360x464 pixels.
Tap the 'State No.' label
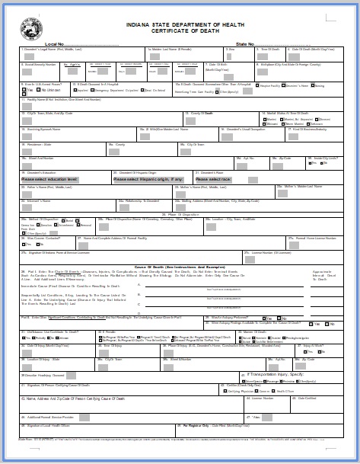click(x=245, y=44)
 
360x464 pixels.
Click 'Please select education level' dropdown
click(x=49, y=180)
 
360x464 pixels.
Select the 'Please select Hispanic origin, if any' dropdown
click(x=148, y=180)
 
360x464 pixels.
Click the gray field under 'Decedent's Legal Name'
click(x=27, y=56)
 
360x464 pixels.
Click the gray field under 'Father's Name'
click(x=27, y=193)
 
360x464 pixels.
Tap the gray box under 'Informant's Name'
click(x=27, y=207)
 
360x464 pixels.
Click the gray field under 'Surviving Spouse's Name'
click(x=27, y=136)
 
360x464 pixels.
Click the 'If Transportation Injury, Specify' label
click(x=275, y=374)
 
